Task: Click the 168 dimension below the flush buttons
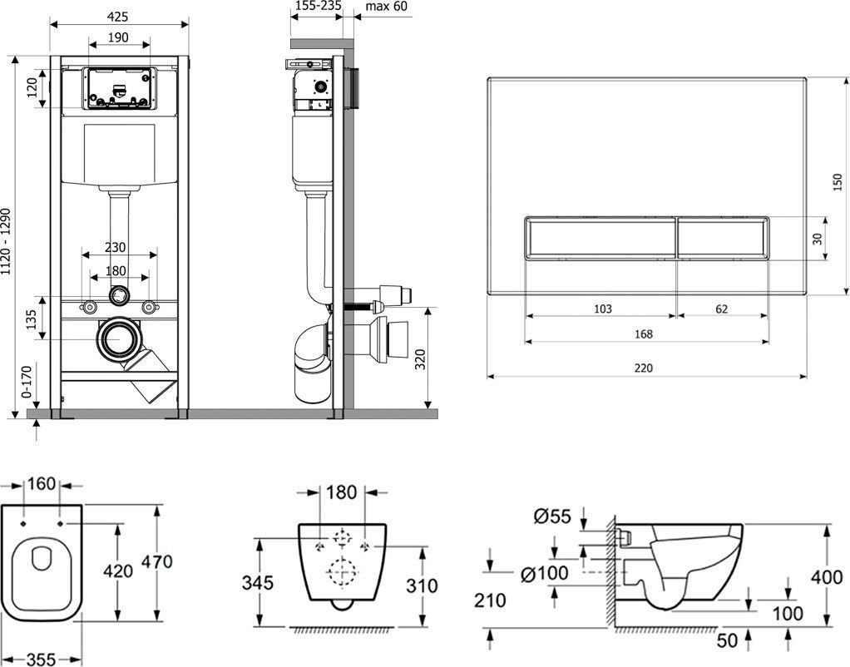[643, 334]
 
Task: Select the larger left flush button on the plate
[600, 238]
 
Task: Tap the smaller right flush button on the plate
[722, 238]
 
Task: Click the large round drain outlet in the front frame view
[121, 338]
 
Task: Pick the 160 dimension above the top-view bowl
[41, 483]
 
